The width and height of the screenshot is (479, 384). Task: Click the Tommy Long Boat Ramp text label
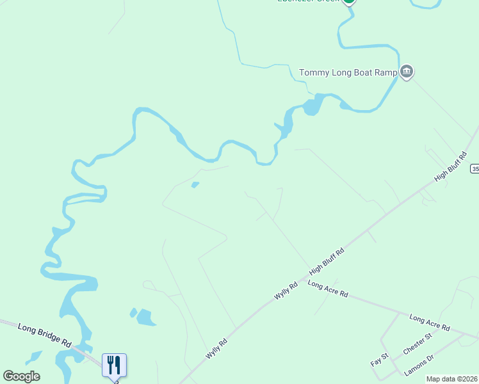(x=349, y=72)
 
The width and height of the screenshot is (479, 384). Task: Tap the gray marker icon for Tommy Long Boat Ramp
(x=406, y=71)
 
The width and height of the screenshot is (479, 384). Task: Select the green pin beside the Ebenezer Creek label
(x=348, y=1)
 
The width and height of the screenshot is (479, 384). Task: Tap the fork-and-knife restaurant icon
(x=114, y=365)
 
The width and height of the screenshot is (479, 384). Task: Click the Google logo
(x=21, y=376)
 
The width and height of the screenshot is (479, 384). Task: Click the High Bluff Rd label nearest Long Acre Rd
(x=327, y=262)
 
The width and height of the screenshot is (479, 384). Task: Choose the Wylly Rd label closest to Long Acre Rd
(x=286, y=291)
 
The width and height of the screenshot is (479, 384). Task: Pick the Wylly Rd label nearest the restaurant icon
(x=216, y=348)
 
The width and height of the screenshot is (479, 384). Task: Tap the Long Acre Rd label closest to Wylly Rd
(x=327, y=289)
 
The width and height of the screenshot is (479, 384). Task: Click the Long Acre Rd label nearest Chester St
(x=429, y=323)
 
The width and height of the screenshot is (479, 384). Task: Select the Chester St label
(x=418, y=344)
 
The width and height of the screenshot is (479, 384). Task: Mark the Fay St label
(x=380, y=360)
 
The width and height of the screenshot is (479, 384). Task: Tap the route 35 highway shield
(x=475, y=168)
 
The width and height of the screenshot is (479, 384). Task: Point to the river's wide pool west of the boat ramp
(x=311, y=106)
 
